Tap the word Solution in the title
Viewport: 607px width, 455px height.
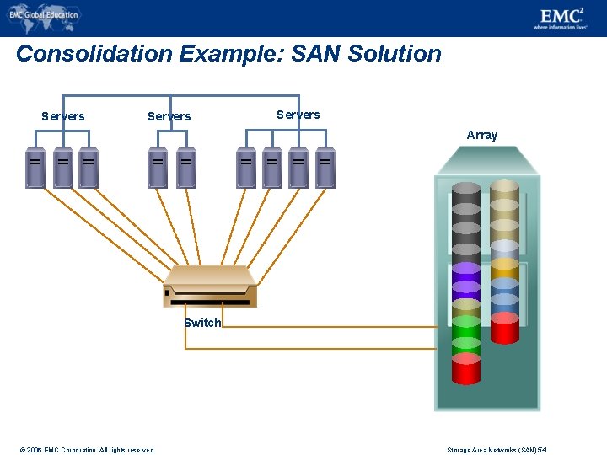[x=395, y=54]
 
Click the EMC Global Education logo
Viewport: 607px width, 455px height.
[x=43, y=14]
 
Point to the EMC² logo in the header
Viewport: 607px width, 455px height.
[x=561, y=18]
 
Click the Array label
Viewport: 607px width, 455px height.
[x=482, y=135]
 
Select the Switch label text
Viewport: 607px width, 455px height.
[x=202, y=323]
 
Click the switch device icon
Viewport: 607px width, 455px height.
[x=210, y=286]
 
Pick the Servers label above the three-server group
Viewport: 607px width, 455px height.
[x=63, y=116]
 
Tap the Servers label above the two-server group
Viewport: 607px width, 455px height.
[x=169, y=116]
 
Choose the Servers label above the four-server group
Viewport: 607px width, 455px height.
[x=298, y=115]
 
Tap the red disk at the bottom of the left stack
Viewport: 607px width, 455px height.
[x=465, y=369]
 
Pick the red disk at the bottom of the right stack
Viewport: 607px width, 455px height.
[x=504, y=329]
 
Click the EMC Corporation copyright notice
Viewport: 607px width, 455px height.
[x=89, y=450]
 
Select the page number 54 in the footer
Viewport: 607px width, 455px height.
[x=543, y=450]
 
